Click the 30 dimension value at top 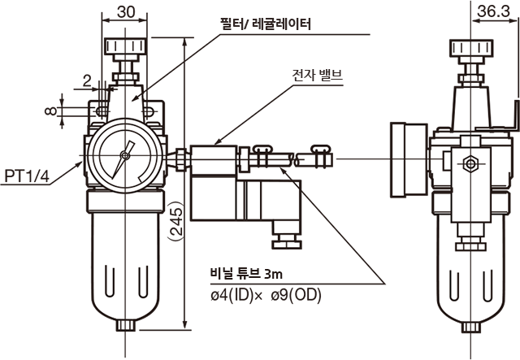tap(126, 11)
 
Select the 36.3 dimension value tap(493, 11)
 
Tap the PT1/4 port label tap(27, 176)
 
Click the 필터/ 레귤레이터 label tap(266, 24)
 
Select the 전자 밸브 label tap(318, 76)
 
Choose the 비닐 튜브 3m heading tap(246, 274)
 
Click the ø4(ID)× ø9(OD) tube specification tap(266, 295)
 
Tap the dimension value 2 tap(87, 80)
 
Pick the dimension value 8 tap(50, 111)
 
